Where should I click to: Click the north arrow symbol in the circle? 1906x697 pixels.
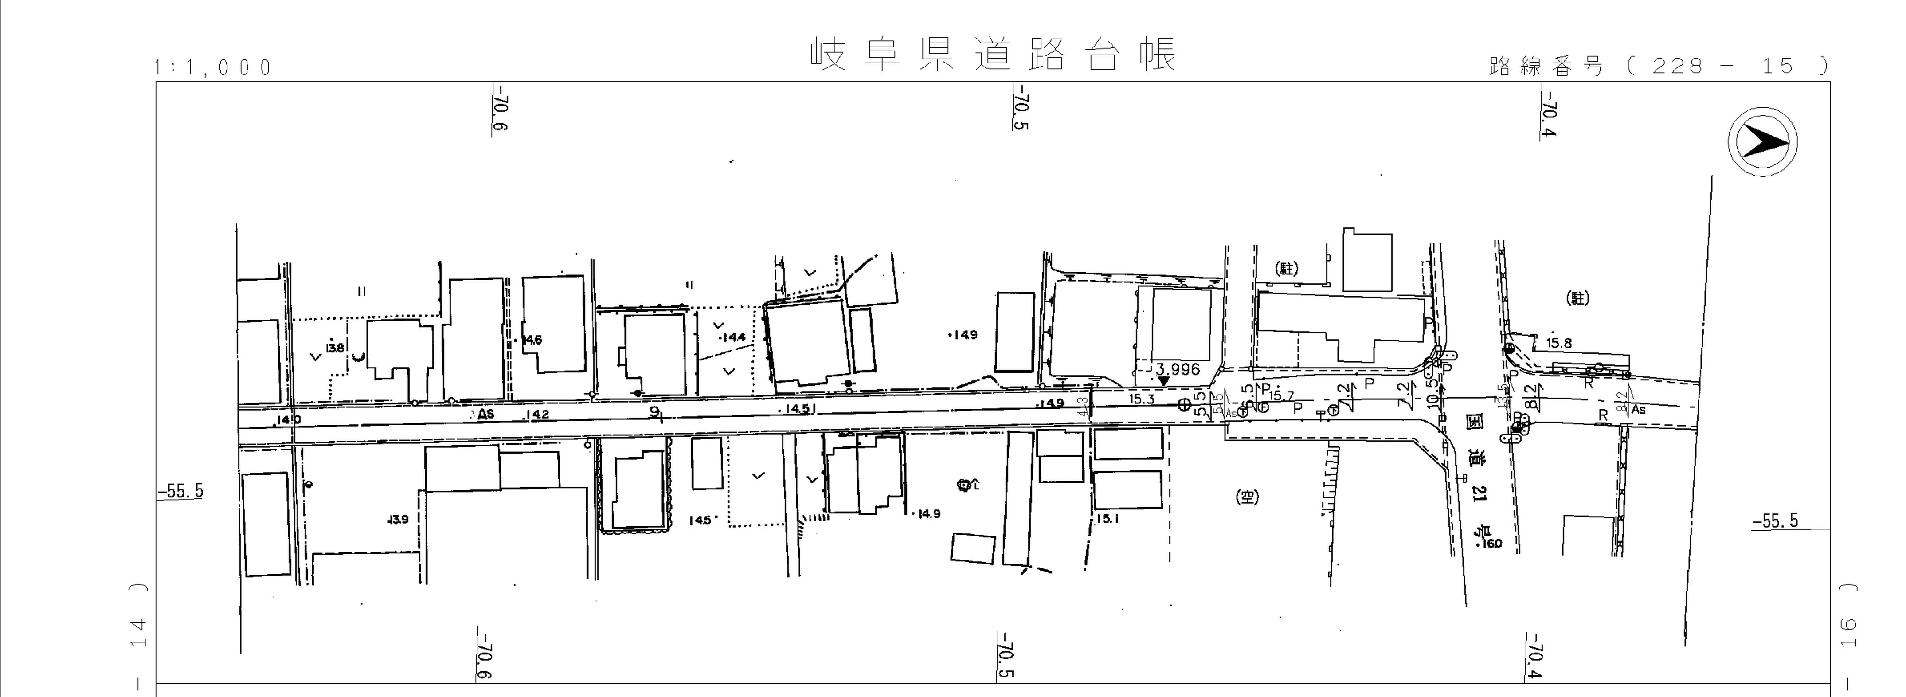[x=1762, y=141]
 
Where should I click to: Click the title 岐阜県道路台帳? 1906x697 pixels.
[x=993, y=55]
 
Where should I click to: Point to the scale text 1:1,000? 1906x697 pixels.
[x=213, y=68]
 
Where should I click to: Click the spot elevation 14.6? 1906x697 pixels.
[x=532, y=341]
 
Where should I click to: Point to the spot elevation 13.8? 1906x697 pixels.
[x=335, y=348]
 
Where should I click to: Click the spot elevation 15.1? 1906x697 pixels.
[x=1107, y=519]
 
